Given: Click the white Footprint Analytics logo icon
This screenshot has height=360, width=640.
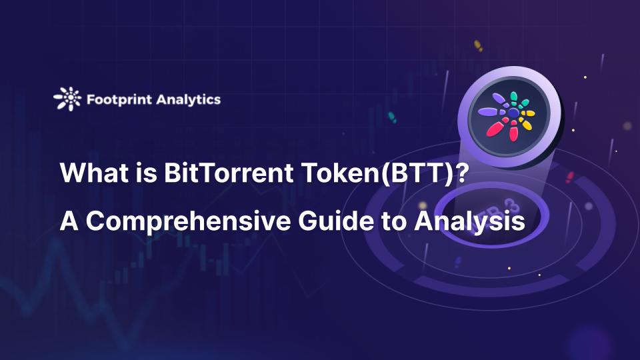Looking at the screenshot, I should [x=67, y=99].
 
